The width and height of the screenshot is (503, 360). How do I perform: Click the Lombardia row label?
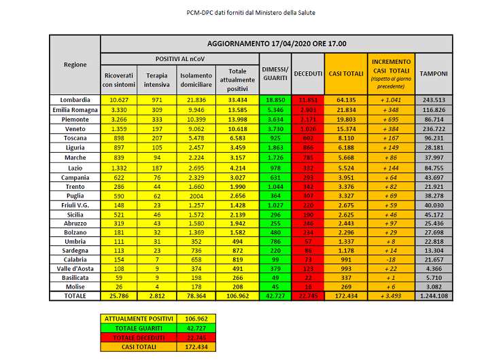coord(75,100)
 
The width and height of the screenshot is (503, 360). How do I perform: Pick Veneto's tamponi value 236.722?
coord(433,128)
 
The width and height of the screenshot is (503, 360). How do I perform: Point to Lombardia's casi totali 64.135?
coord(345,100)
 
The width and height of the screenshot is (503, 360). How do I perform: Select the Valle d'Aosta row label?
coord(75,269)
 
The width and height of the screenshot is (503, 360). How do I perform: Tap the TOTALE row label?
coord(75,297)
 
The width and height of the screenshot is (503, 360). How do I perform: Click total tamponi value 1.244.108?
coord(433,297)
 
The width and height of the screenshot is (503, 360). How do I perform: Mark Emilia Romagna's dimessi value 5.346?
coord(275,109)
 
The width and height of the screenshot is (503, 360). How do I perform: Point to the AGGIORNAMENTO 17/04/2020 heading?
coord(276,44)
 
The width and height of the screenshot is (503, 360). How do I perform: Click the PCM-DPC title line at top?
coord(251,12)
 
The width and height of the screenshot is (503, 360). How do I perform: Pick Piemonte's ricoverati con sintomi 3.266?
coord(119,119)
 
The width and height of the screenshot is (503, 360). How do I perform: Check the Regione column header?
coord(75,65)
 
